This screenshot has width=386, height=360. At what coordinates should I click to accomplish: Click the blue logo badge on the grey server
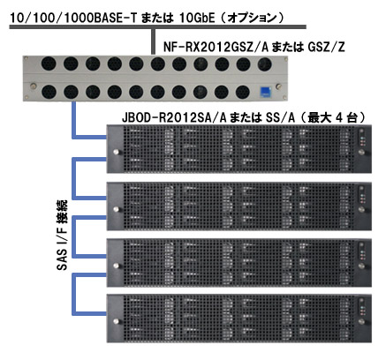pyautogui.click(x=265, y=92)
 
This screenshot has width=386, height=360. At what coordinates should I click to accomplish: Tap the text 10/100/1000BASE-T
pyautogui.click(x=73, y=19)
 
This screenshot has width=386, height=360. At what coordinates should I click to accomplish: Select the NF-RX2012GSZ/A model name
pyautogui.click(x=216, y=47)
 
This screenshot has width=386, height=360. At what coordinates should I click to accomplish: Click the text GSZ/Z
pyautogui.click(x=326, y=47)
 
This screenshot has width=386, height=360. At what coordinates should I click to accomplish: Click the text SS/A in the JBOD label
pyautogui.click(x=280, y=118)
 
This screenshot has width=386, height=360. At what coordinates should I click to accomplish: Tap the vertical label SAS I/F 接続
pyautogui.click(x=62, y=236)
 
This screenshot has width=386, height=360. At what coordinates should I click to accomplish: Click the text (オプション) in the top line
pyautogui.click(x=253, y=19)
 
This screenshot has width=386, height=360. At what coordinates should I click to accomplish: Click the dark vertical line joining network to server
pyautogui.click(x=153, y=41)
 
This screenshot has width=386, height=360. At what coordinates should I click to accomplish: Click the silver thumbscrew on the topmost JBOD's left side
pyautogui.click(x=116, y=152)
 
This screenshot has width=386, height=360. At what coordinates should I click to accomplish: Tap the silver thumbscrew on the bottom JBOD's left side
pyautogui.click(x=116, y=321)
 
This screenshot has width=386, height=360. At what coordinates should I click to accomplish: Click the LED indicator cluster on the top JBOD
pyautogui.click(x=362, y=142)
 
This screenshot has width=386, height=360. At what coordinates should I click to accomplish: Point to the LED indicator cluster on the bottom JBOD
pyautogui.click(x=362, y=311)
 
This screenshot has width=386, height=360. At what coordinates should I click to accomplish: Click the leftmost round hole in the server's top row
pyautogui.click(x=49, y=64)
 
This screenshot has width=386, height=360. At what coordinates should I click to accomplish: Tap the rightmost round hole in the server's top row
pyautogui.click(x=264, y=64)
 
